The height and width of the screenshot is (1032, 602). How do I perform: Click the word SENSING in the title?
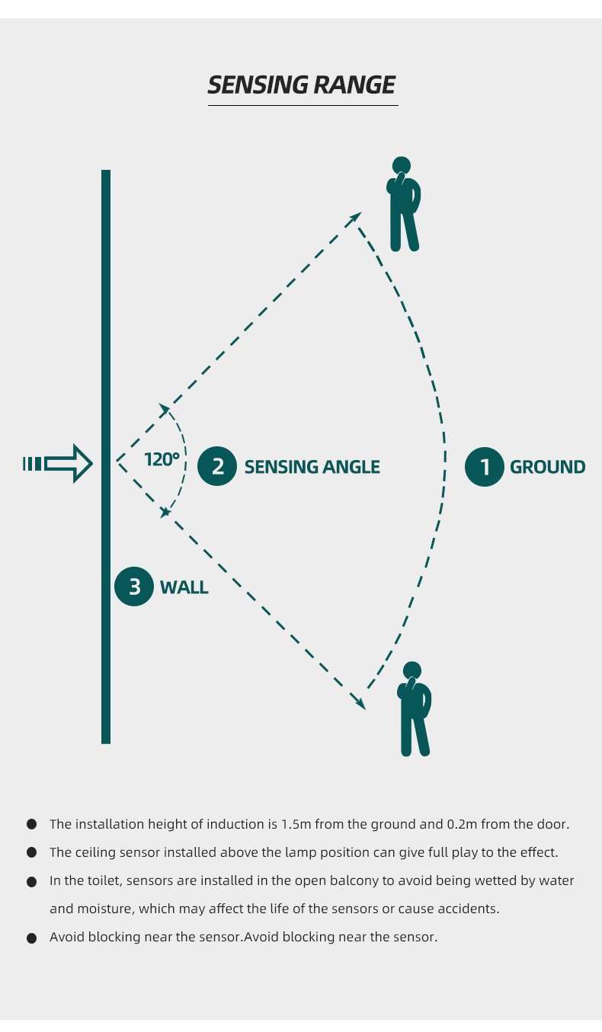(258, 85)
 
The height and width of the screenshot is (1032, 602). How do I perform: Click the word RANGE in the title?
(354, 85)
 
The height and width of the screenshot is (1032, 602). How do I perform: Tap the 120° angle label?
(162, 459)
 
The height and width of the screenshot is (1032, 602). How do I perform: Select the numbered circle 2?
(217, 466)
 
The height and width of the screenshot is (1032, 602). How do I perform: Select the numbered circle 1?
(485, 467)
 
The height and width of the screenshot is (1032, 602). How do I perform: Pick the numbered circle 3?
(134, 586)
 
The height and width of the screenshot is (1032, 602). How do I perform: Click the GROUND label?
(548, 467)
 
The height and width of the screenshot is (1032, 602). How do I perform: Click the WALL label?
(184, 587)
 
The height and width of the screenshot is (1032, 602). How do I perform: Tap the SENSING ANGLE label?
(312, 467)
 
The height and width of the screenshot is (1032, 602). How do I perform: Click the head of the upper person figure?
(402, 165)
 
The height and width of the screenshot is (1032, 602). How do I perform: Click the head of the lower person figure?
(412, 671)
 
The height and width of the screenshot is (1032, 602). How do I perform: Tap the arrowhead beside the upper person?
(355, 218)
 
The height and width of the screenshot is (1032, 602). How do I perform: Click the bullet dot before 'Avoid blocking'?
(32, 938)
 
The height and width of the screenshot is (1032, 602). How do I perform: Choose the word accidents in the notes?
(469, 909)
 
